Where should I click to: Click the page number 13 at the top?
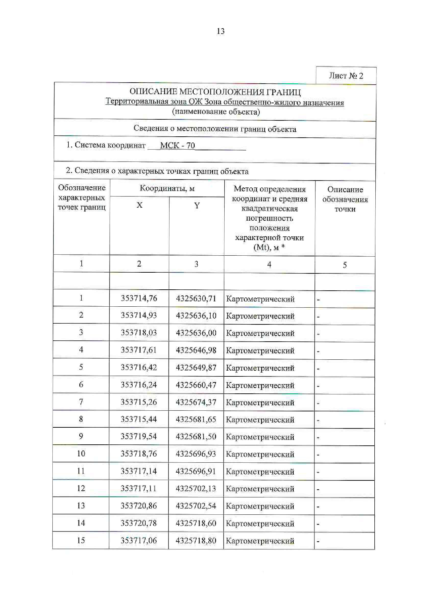point(221,31)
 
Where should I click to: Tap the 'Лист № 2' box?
point(346,75)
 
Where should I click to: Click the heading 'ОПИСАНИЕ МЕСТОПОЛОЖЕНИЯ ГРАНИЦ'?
point(215,92)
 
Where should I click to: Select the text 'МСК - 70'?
point(177,146)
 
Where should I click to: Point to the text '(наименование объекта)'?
point(216,112)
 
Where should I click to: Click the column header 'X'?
point(139,205)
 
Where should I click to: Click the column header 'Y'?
point(197,205)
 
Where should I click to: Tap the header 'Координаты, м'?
point(167,188)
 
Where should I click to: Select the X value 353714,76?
point(139,298)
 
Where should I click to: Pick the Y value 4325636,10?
point(196,316)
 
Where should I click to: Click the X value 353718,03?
point(139,333)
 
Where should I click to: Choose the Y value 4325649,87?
point(196,368)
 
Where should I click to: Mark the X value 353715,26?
point(139,402)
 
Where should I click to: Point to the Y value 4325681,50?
point(196,437)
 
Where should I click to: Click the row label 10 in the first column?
point(81,454)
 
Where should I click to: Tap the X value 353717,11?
point(139,488)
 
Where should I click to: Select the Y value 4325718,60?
point(196,523)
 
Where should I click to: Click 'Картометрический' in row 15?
point(260,541)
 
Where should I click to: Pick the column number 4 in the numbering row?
point(269,265)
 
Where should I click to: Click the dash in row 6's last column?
point(318,386)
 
